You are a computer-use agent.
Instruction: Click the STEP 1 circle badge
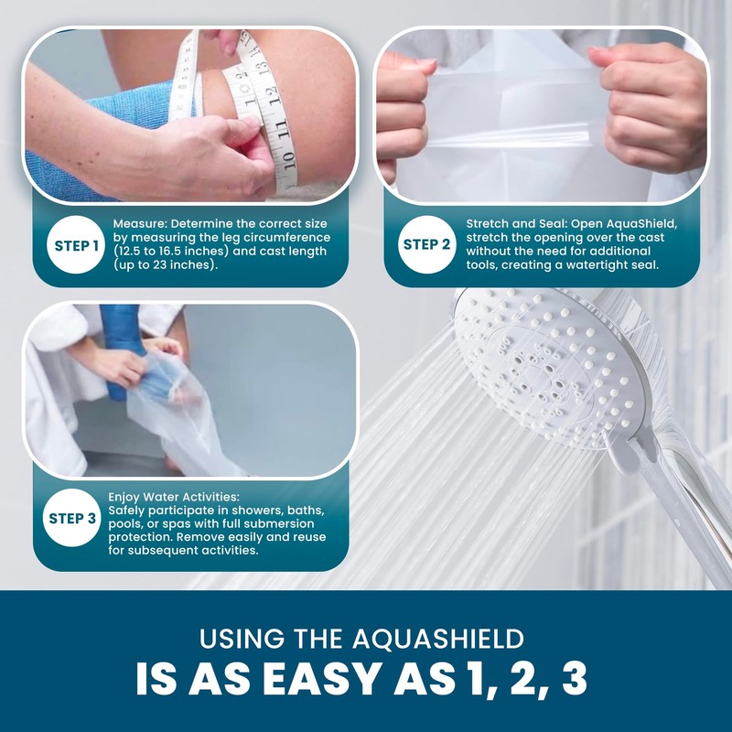point(77,245)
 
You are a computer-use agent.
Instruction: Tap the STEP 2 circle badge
point(427,245)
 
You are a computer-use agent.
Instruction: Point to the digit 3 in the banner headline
point(573,679)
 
